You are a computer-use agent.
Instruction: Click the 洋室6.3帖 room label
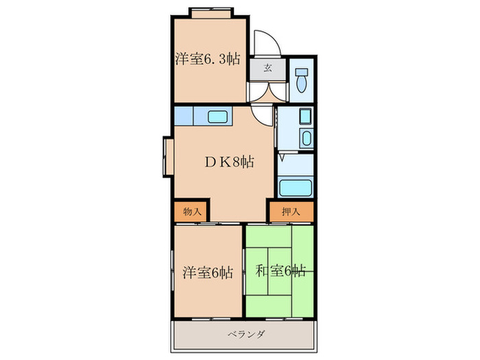click(207, 59)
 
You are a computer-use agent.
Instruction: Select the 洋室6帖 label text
click(207, 272)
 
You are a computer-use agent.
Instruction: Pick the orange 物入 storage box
click(188, 212)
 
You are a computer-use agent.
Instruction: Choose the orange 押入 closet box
click(291, 212)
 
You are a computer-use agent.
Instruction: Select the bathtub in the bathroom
click(297, 187)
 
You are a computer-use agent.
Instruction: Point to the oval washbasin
click(306, 140)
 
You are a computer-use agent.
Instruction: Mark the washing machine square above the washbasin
click(306, 117)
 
